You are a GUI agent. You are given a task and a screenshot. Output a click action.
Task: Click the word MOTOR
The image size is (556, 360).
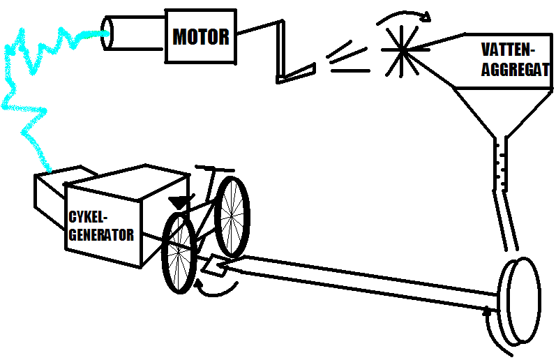pos(200,36)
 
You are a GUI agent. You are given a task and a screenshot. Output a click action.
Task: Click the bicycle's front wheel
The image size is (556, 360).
pos(232,216)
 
